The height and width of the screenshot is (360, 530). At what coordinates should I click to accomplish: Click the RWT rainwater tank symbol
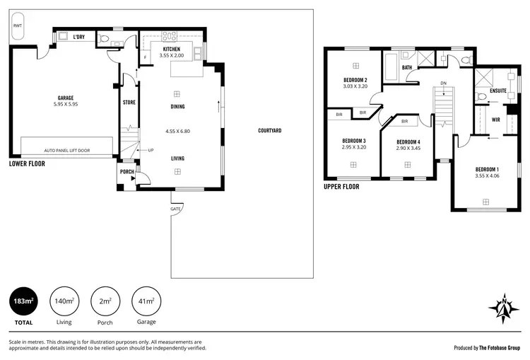(x=17, y=25)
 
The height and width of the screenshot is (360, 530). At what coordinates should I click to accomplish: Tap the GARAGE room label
(x=66, y=98)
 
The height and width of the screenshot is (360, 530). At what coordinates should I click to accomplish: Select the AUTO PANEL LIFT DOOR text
(x=67, y=150)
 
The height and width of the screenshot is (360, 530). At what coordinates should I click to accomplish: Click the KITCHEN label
(x=171, y=49)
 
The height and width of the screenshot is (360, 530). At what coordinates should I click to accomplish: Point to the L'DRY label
(x=79, y=37)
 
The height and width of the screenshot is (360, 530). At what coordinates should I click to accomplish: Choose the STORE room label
(x=129, y=103)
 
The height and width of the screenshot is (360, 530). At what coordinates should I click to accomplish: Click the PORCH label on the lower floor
(x=127, y=172)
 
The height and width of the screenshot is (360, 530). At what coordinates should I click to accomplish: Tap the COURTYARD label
(x=270, y=131)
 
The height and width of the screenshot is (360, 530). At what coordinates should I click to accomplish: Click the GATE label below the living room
(x=175, y=209)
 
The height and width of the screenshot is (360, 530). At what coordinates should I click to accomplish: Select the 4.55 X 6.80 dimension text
(x=177, y=131)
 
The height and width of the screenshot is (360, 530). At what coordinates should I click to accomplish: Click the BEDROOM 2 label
(x=355, y=80)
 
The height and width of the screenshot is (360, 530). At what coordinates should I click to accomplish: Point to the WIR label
(x=496, y=120)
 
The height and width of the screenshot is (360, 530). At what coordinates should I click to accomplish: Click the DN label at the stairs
(x=443, y=84)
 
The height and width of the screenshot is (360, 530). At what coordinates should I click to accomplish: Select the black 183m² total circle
(x=24, y=301)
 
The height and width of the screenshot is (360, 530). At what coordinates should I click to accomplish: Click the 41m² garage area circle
(x=146, y=301)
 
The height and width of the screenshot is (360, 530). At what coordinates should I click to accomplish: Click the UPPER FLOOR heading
(x=341, y=187)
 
